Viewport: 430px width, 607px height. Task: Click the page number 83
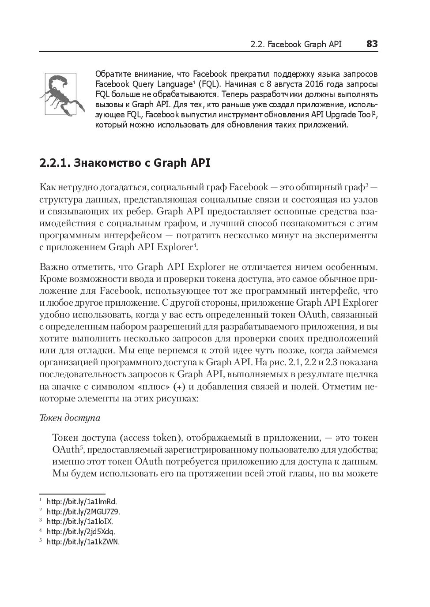pyautogui.click(x=372, y=44)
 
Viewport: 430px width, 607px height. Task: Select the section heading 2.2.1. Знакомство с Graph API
pyautogui.click(x=125, y=163)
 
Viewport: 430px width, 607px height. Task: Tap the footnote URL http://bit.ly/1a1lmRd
pyautogui.click(x=82, y=502)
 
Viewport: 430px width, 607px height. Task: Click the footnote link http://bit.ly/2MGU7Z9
pyautogui.click(x=83, y=512)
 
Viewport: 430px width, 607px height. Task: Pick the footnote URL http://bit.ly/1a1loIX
pyautogui.click(x=79, y=522)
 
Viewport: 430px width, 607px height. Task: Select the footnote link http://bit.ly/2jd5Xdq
pyautogui.click(x=81, y=532)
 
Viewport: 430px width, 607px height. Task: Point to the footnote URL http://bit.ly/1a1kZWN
pyautogui.click(x=83, y=542)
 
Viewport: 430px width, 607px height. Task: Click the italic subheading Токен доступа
pyautogui.click(x=70, y=417)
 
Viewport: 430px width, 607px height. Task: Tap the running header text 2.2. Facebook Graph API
pyautogui.click(x=295, y=45)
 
